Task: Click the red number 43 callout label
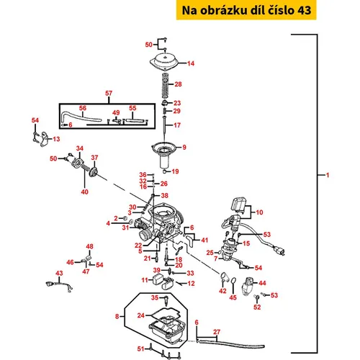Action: [59, 273]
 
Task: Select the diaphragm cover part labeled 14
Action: [165, 61]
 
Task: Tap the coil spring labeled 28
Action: [165, 85]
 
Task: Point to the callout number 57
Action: [109, 93]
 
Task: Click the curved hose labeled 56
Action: [81, 117]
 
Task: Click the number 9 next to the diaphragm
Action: [184, 147]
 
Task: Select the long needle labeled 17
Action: [164, 128]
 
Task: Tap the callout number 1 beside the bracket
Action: [328, 175]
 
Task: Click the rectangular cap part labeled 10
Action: [238, 204]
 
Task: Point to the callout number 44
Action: [262, 283]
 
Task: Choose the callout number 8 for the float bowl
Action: [117, 316]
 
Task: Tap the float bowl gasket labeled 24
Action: [166, 315]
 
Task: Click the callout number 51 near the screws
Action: [140, 348]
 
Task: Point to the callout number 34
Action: [80, 148]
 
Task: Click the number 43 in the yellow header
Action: [305, 10]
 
